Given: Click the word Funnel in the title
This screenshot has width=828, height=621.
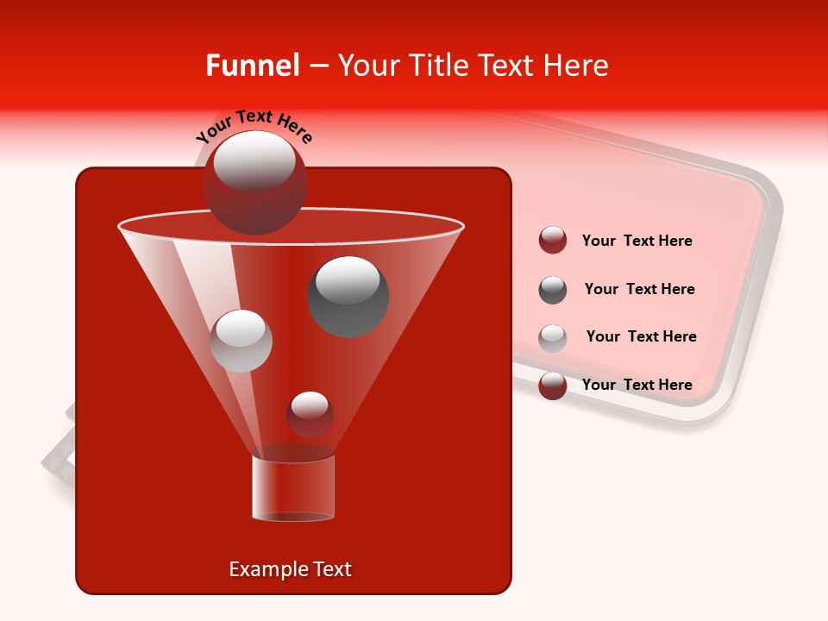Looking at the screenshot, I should tap(252, 66).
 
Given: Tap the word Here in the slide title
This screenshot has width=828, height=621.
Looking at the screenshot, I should tap(575, 66).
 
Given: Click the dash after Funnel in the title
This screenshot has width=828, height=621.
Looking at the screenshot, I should tap(318, 66).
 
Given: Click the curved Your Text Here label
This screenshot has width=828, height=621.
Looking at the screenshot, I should tap(254, 125).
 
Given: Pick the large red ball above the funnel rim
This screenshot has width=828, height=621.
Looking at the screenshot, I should tap(254, 194).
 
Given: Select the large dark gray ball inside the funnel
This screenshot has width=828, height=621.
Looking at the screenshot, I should tap(348, 297).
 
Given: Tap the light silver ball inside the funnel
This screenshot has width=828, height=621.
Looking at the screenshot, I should tap(241, 341).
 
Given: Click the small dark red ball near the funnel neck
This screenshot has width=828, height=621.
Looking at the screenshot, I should tap(310, 415).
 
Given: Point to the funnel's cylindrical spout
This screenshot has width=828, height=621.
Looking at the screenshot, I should tap(292, 488).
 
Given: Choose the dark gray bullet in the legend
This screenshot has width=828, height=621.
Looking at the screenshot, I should tap(553, 290).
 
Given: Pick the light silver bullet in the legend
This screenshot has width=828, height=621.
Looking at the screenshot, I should tap(553, 338).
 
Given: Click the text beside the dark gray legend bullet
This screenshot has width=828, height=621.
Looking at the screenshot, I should tap(639, 289).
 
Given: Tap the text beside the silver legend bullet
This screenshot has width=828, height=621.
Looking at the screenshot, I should tap(641, 336).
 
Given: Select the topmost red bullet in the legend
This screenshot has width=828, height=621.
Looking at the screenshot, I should tap(553, 241).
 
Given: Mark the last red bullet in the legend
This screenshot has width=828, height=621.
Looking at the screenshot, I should tap(553, 386).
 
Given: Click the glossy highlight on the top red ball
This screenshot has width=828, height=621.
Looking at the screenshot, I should tap(254, 160).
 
